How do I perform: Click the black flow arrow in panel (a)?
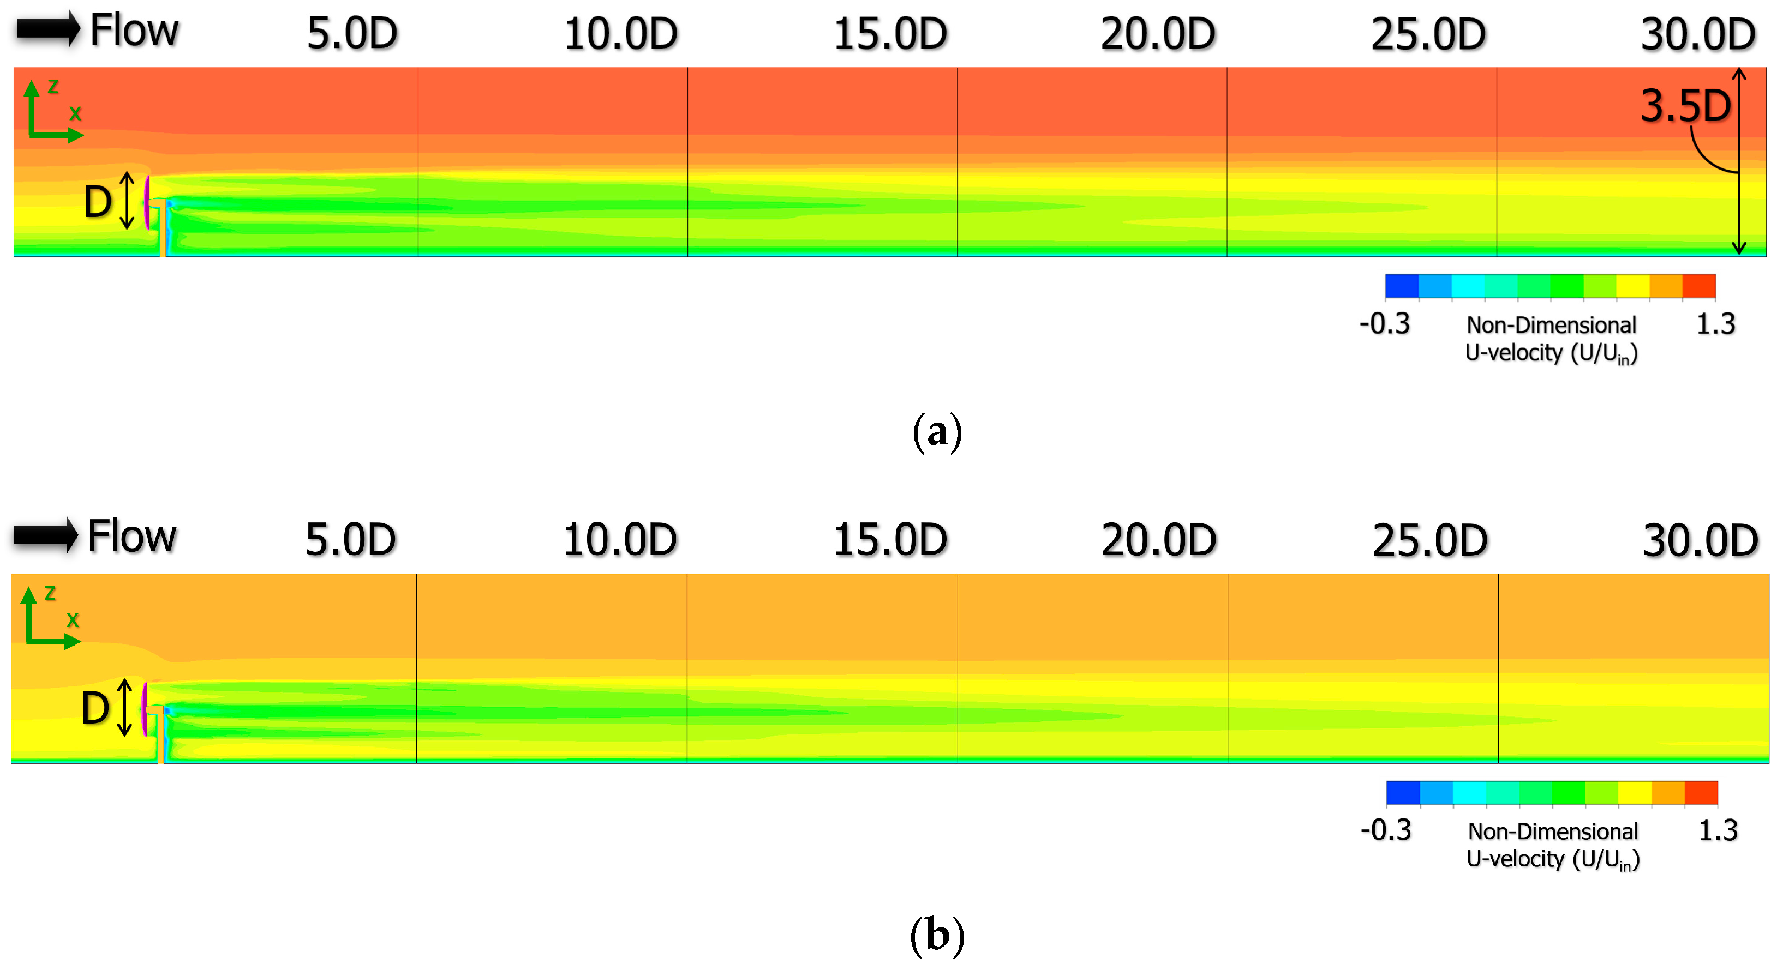tap(47, 30)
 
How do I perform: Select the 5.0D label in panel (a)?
tap(352, 34)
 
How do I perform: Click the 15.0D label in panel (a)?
tap(890, 34)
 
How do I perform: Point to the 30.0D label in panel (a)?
tap(1698, 34)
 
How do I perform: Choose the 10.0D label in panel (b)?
tap(619, 540)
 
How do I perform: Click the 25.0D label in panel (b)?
tap(1430, 540)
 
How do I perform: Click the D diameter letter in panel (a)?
tap(98, 203)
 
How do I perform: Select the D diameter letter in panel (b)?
tap(95, 708)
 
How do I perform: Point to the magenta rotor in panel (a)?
tap(147, 202)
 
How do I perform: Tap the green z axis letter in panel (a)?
tap(52, 87)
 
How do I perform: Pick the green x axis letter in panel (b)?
tap(73, 620)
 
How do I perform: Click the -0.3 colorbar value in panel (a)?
tap(1384, 324)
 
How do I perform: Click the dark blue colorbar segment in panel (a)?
tap(1402, 286)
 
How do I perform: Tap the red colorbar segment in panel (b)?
tap(1701, 792)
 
